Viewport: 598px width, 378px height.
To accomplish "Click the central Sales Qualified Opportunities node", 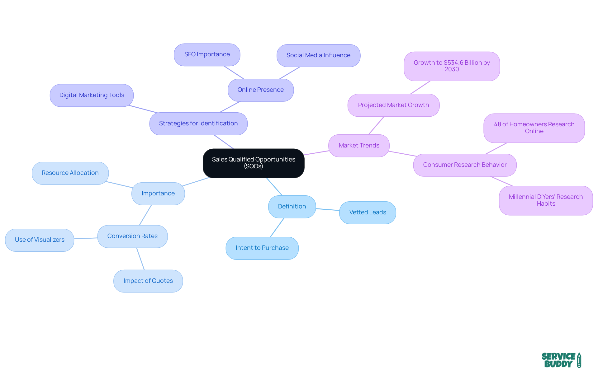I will [254, 163].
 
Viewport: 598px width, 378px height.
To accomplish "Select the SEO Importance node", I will [207, 54].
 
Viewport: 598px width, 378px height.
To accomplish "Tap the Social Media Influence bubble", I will [318, 55].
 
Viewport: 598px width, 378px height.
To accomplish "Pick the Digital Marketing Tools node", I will [92, 95].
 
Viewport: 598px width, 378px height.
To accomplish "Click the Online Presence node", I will [260, 90].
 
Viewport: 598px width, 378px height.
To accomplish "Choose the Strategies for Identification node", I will [198, 124].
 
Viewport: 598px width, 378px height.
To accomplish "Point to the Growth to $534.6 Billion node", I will [452, 66].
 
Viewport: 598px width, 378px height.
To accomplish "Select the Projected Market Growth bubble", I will [393, 105].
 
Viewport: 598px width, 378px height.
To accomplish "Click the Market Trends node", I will [359, 146].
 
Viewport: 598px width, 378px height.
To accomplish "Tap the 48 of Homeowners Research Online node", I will [534, 128].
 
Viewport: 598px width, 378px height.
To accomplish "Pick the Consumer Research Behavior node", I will [465, 165].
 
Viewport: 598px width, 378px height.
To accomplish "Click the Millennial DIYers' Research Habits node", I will [546, 200].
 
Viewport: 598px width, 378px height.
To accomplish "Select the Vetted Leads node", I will [368, 212].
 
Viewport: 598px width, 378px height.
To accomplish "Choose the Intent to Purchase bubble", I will [262, 248].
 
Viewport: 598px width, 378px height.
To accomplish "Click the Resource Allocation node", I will [70, 173].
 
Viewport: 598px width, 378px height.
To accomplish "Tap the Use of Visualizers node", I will [40, 240].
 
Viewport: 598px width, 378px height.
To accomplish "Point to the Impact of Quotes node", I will [148, 281].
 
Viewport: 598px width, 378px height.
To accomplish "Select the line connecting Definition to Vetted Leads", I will [328, 209].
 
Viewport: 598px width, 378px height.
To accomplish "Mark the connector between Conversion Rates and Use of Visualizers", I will [86, 238].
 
